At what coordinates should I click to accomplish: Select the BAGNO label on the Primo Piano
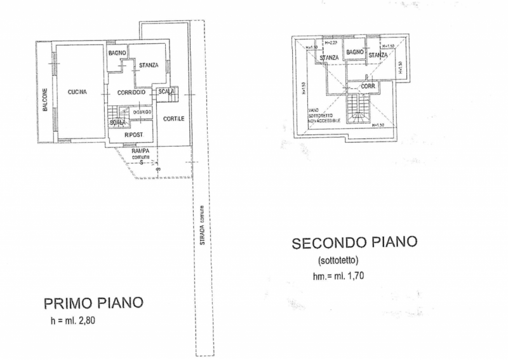coord(117,52)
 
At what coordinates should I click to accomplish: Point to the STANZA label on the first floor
coord(149,64)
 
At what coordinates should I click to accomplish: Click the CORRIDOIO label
coord(133,93)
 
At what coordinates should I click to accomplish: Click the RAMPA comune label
coord(141,153)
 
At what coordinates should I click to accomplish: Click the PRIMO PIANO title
coord(93,301)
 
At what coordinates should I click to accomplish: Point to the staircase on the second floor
coord(359,112)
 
